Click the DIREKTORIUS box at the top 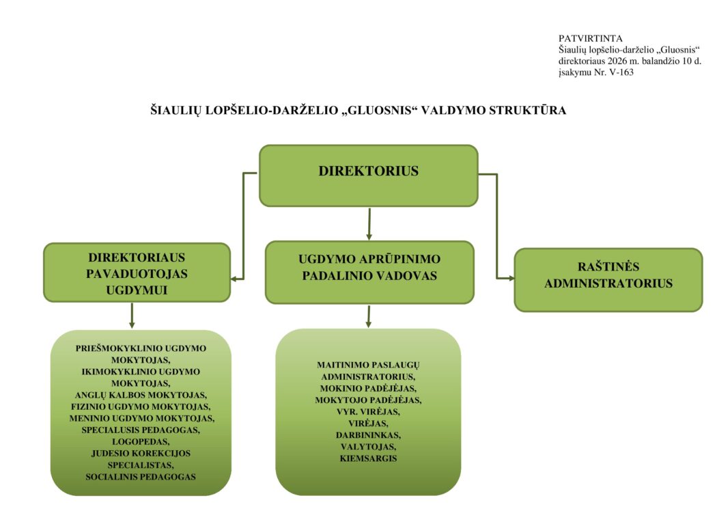point(368,175)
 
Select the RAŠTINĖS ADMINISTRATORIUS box point(608,279)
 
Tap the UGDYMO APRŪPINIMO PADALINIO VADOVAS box point(369,271)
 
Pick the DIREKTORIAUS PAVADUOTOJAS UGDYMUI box point(137,272)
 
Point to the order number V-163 point(619,72)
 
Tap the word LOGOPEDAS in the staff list point(141,441)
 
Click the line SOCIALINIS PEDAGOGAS point(141,476)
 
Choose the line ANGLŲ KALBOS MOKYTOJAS point(141,395)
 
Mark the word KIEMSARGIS point(368,458)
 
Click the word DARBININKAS point(368,434)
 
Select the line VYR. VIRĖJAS point(368,411)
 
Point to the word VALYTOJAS point(368,446)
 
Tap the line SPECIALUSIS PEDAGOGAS point(141,430)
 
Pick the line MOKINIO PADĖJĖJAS point(368,388)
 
